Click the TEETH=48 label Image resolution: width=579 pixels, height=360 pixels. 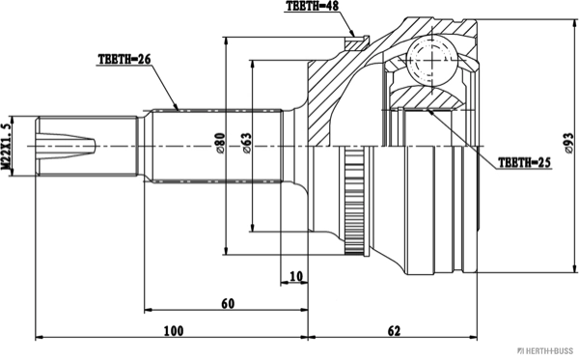pyautogui.click(x=314, y=7)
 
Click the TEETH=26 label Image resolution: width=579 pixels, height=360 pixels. pyautogui.click(x=126, y=58)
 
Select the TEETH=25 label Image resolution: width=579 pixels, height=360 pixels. pyautogui.click(x=524, y=163)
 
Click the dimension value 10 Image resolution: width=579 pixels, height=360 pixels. pyautogui.click(x=294, y=277)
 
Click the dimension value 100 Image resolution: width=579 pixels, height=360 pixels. pyautogui.click(x=173, y=331)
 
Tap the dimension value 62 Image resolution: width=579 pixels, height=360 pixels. pyautogui.click(x=394, y=331)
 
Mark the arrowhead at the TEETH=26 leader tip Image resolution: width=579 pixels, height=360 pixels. pyautogui.click(x=179, y=105)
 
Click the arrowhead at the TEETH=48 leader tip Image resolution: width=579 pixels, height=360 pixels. pyautogui.click(x=358, y=33)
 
